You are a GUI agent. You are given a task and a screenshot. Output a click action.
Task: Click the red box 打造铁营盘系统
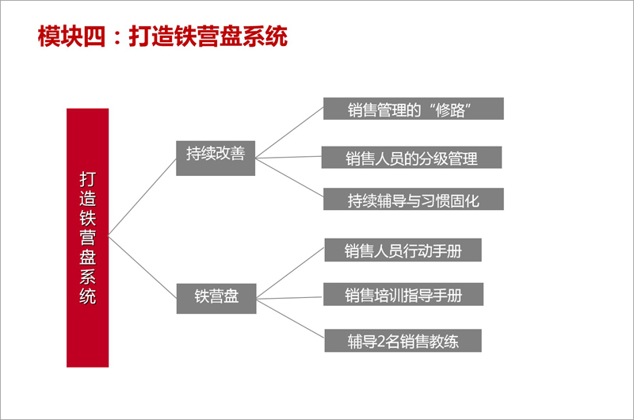pos(87,238)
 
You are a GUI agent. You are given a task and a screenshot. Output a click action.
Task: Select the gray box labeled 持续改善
pos(216,158)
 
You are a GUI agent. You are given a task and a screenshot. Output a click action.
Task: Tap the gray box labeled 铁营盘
pos(216,298)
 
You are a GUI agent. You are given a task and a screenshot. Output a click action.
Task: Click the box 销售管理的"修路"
pos(413,109)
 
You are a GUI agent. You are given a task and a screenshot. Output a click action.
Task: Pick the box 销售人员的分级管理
pos(411,157)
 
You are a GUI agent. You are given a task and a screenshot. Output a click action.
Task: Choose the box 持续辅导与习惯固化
pos(413,199)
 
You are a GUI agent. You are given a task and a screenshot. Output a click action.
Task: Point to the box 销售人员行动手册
pos(403,250)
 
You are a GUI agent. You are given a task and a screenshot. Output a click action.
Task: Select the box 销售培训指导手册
pos(403,294)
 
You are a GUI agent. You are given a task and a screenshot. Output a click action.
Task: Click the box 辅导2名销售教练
pos(403,341)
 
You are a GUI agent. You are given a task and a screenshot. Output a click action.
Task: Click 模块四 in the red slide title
pos(71,36)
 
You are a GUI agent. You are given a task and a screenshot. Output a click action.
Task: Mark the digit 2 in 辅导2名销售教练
pos(380,342)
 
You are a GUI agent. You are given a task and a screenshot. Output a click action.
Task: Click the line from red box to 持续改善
pos(143,197)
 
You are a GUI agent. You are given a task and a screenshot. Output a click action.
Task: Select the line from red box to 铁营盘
pos(143,268)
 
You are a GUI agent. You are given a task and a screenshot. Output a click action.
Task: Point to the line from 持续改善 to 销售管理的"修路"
pos(289,132)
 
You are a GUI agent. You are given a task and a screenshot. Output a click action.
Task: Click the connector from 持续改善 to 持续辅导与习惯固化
pos(289,178)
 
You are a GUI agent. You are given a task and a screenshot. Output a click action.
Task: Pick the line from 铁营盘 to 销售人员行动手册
pos(291,273)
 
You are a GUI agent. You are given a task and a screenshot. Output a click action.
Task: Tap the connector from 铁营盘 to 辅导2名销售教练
pos(291,319)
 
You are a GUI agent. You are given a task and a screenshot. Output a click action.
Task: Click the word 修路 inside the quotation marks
pos(450,110)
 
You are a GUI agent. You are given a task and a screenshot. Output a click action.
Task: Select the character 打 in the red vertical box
pos(88,179)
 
